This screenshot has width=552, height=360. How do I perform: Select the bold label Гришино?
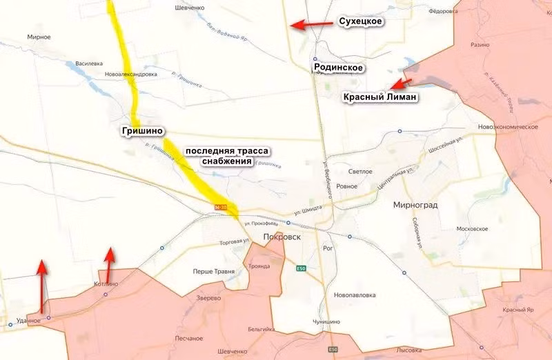pyautogui.click(x=143, y=131)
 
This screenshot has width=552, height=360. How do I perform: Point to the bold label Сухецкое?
pyautogui.click(x=360, y=22)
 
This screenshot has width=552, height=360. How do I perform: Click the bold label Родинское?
pyautogui.click(x=338, y=68)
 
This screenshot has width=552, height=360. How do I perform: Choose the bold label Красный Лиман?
pyautogui.click(x=380, y=98)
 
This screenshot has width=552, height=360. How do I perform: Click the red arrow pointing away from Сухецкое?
pyautogui.click(x=309, y=24)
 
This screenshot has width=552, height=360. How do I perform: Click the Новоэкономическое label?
pyautogui.click(x=507, y=127)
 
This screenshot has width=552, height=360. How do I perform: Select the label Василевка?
pyautogui.click(x=88, y=63)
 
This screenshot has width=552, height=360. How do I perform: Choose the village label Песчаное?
pyautogui.click(x=188, y=339)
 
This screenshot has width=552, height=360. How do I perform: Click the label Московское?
pyautogui.click(x=473, y=229)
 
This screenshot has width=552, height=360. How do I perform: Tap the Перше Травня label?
pyautogui.click(x=213, y=271)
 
